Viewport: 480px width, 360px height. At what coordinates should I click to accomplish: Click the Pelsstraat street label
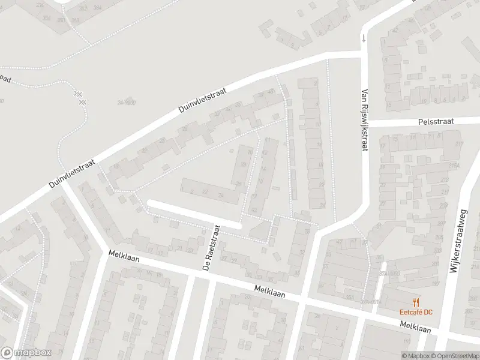click(437, 121)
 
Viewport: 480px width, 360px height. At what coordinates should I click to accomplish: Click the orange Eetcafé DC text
click(416, 311)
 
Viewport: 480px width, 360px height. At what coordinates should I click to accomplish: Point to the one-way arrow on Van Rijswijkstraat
click(362, 39)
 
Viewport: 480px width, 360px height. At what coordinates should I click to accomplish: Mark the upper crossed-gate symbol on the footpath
click(77, 94)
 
